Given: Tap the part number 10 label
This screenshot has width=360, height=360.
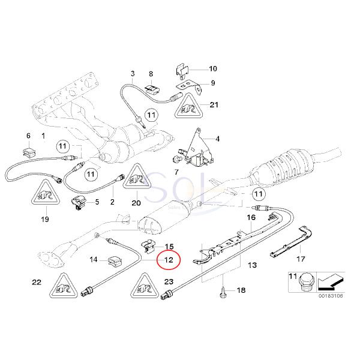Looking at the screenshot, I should click(213, 68).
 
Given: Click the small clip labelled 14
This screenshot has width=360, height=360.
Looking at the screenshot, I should click(114, 260).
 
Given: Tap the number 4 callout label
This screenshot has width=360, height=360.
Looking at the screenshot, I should click(217, 139).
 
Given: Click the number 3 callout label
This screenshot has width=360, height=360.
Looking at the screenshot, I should click(131, 73).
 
